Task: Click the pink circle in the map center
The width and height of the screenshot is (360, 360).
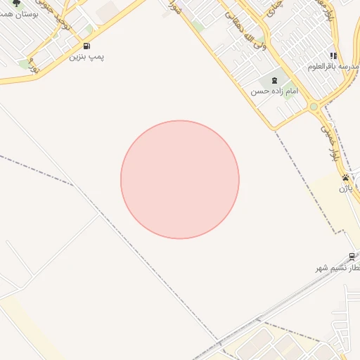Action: (180, 180)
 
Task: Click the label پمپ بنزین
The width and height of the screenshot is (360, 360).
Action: (86, 56)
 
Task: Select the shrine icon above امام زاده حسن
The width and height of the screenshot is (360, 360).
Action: (274, 81)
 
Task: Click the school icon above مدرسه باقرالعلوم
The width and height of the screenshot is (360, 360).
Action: (333, 56)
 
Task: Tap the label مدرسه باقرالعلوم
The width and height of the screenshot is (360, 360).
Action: (333, 66)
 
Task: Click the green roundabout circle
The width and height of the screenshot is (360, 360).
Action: (313, 107)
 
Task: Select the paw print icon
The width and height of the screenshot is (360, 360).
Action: (345, 178)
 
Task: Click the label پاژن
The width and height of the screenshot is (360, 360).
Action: (345, 188)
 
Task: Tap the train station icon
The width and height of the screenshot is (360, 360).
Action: (352, 257)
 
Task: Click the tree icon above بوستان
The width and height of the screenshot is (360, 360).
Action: (17, 4)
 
